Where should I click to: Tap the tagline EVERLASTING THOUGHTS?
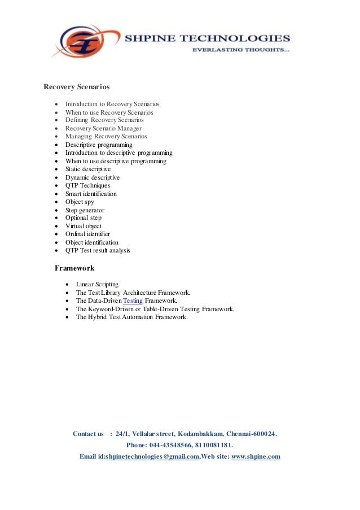[x=241, y=51]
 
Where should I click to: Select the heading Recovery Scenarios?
[x=77, y=87]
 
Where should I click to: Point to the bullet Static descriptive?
[x=88, y=169]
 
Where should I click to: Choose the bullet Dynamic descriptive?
[x=93, y=177]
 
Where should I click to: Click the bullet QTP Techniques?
[x=87, y=185]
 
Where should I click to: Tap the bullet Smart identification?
[x=91, y=194]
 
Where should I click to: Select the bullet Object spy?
[x=80, y=202]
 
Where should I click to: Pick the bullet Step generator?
[x=85, y=210]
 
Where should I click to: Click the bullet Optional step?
[x=84, y=217]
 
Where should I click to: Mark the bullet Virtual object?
[x=84, y=226]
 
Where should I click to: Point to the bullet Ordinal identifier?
[x=87, y=234]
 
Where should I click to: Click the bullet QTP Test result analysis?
[x=98, y=250]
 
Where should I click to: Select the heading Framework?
[x=74, y=268]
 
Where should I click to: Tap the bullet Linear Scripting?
[x=97, y=284]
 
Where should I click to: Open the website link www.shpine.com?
[x=256, y=456]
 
